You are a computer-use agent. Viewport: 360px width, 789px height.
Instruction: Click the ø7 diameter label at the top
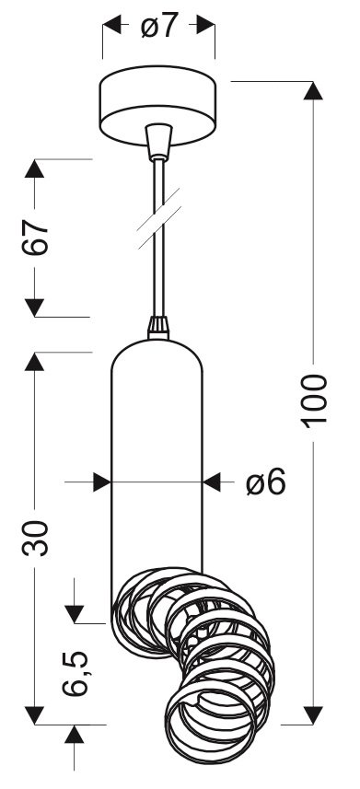tap(159, 26)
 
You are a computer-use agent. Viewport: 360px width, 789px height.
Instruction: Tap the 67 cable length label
tap(35, 238)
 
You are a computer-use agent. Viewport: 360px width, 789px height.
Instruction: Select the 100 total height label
tap(314, 401)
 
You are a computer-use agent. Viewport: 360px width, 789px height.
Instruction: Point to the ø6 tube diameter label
tap(266, 482)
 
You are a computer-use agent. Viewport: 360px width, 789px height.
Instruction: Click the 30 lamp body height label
tap(35, 538)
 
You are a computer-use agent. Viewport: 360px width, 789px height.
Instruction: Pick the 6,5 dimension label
tap(75, 673)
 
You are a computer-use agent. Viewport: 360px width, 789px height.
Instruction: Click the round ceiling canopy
tap(157, 106)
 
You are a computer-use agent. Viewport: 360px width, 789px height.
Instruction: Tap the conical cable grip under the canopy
tap(158, 142)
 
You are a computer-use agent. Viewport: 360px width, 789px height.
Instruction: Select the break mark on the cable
tap(159, 218)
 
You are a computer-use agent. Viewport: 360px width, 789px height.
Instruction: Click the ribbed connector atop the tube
tap(158, 328)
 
